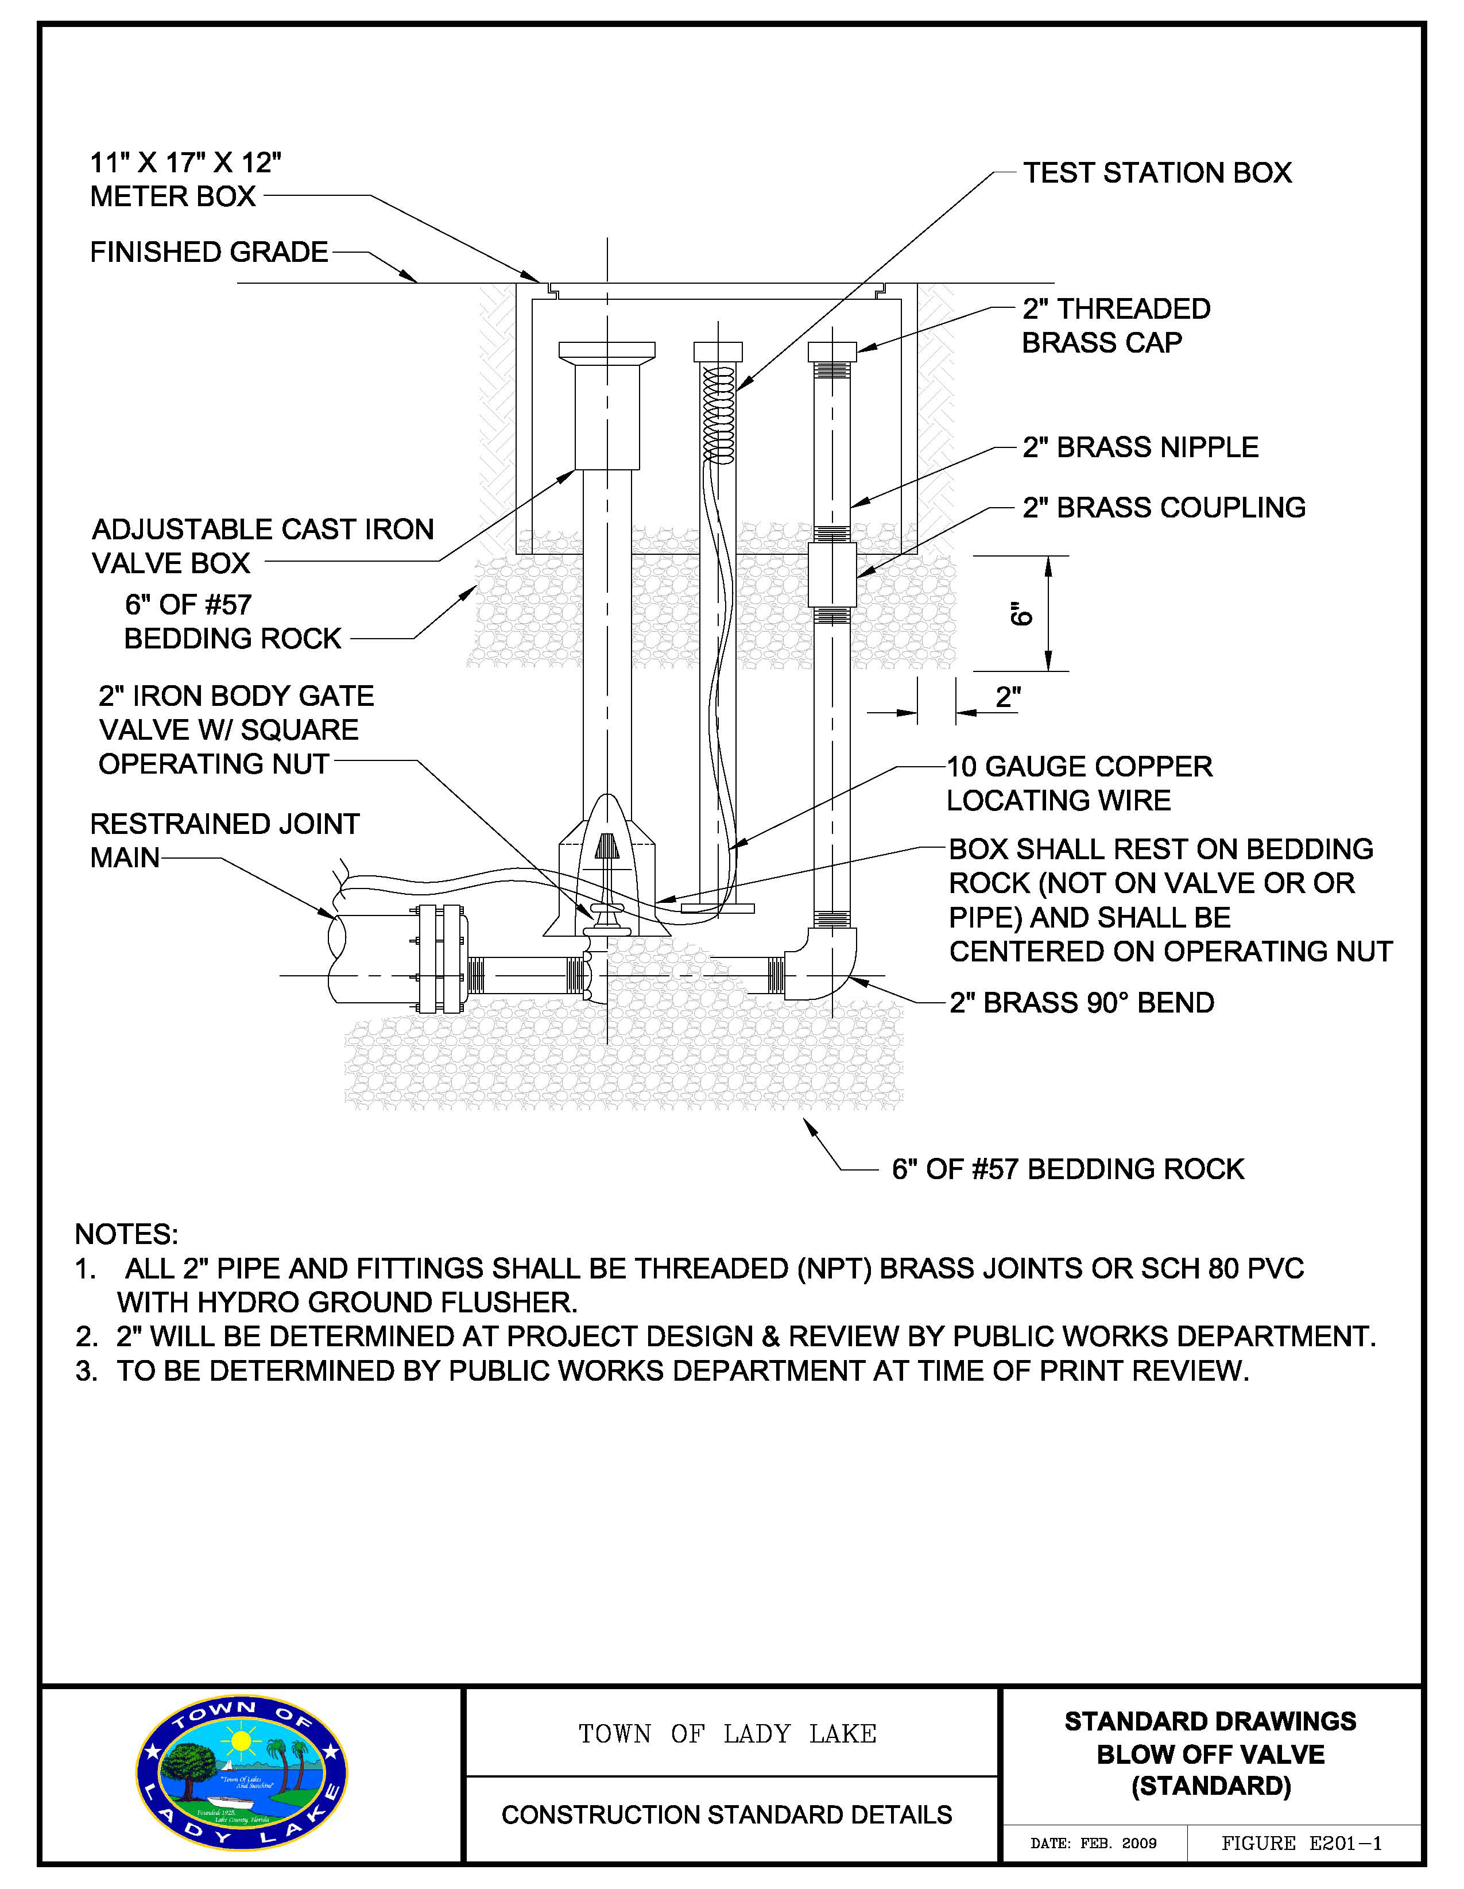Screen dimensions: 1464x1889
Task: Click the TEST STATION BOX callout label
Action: [x=1157, y=173]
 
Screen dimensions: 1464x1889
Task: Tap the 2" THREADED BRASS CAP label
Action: [x=1116, y=325]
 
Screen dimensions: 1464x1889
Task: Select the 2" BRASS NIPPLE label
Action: [x=1140, y=447]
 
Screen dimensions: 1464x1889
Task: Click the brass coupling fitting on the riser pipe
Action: [x=832, y=574]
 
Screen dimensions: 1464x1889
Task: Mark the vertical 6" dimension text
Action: [x=1021, y=613]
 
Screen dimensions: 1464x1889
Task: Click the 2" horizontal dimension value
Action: [x=1008, y=697]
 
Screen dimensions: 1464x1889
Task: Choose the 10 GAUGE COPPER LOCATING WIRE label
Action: [x=1079, y=783]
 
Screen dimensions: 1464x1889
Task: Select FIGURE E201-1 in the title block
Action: [x=1302, y=1843]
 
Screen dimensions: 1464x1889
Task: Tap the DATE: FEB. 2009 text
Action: [x=1093, y=1843]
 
